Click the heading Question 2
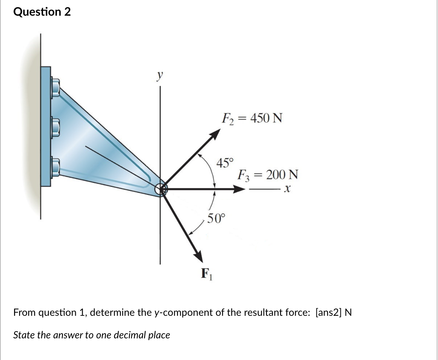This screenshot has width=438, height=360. coord(42,12)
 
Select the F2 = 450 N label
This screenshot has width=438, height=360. coord(252,119)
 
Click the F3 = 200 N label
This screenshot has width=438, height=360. coord(268,175)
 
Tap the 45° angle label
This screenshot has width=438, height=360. coord(225,163)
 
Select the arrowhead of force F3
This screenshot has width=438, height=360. coord(239,189)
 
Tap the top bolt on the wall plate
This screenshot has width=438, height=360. coord(55,87)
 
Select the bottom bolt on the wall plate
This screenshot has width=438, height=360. coord(55,167)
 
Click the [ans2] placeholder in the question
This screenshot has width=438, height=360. coord(329,312)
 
